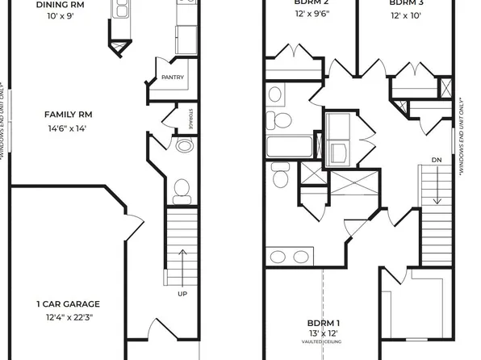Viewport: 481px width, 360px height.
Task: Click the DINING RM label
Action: tap(61, 4)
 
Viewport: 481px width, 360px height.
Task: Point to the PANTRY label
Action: tap(173, 78)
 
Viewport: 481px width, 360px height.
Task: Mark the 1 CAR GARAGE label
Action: tap(68, 304)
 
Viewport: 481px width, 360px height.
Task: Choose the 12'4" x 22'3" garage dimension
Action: tap(68, 317)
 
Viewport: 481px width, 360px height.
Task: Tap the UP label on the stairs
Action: tap(182, 294)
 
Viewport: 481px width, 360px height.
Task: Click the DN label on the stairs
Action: tap(437, 159)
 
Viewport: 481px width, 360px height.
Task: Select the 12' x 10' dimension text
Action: tap(407, 16)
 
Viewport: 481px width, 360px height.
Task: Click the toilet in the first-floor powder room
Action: tap(182, 190)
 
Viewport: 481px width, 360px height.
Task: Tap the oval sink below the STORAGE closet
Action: tap(184, 147)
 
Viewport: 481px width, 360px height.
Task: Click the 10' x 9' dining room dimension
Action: tap(61, 16)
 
